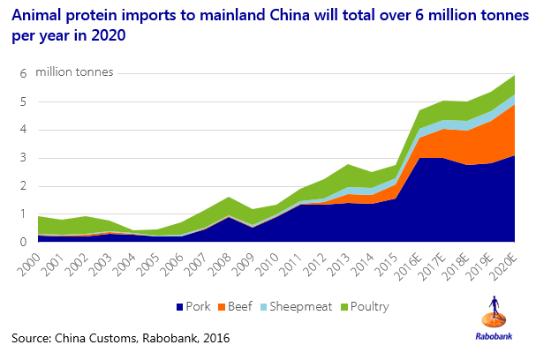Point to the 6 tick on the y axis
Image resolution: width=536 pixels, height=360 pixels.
24,73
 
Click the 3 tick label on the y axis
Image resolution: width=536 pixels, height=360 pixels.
24,157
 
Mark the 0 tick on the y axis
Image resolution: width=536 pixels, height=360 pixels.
24,241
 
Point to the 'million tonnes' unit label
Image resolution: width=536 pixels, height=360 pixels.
74,71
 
